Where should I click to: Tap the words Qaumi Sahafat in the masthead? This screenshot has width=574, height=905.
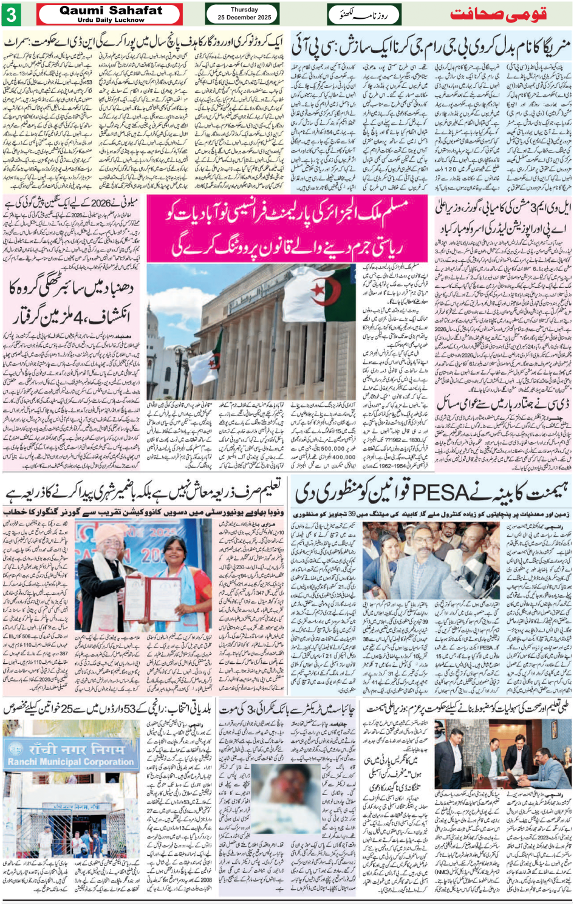tap(111, 10)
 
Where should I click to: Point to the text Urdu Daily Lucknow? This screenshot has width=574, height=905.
tap(111, 20)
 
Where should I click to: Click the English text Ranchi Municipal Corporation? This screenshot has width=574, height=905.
tap(70, 762)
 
